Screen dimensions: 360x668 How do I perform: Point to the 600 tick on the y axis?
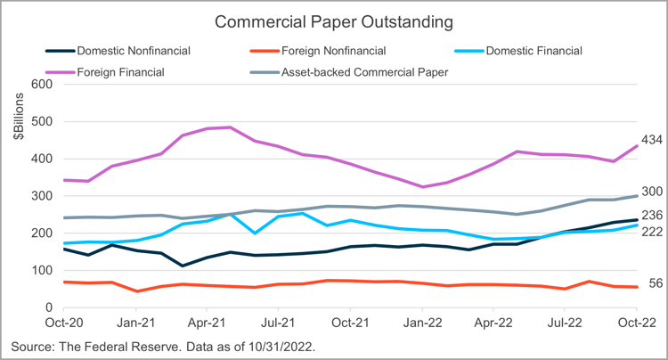point(42,85)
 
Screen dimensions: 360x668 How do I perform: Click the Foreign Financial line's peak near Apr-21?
point(231,127)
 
